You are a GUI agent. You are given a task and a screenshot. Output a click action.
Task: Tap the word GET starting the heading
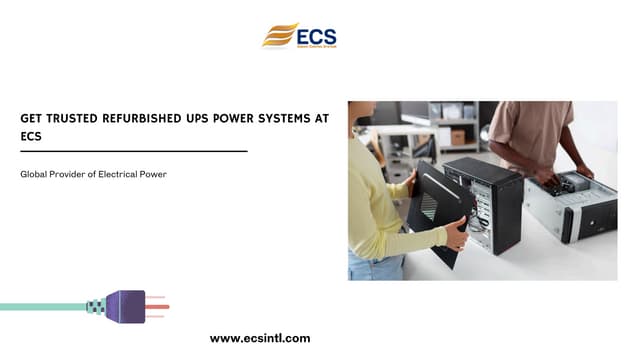click(32, 118)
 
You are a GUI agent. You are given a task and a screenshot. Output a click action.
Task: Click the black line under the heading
click(133, 151)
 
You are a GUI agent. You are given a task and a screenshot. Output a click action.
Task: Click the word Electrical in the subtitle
click(119, 175)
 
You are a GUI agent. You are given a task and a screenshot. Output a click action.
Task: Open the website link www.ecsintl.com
click(260, 339)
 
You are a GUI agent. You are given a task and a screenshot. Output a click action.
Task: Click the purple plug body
click(126, 306)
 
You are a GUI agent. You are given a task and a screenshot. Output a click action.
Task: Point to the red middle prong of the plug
click(157, 306)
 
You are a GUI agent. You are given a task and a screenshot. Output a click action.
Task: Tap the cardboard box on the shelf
click(457, 136)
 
